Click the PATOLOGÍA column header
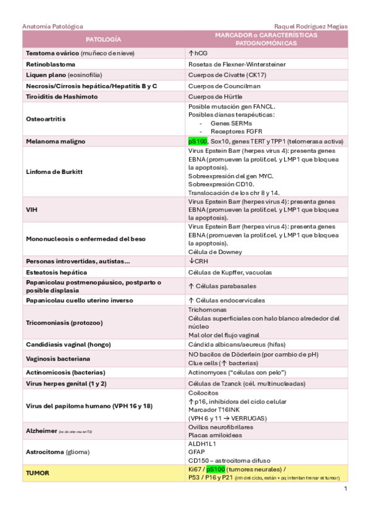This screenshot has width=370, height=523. coord(104,39)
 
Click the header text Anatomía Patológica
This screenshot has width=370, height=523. coord(53,27)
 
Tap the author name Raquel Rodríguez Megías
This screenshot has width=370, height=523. coord(310,27)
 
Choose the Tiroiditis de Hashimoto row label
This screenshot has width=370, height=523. coord(61,97)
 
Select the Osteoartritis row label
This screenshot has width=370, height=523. coord(46,119)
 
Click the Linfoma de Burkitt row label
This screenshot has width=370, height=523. coord(54,171)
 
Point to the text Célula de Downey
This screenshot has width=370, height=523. coord(214,252)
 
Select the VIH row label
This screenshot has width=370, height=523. coord(32,210)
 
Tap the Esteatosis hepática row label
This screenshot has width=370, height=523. coord(56,273)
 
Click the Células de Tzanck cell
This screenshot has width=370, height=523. coord(246,384)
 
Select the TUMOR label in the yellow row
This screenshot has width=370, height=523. coord(37,474)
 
